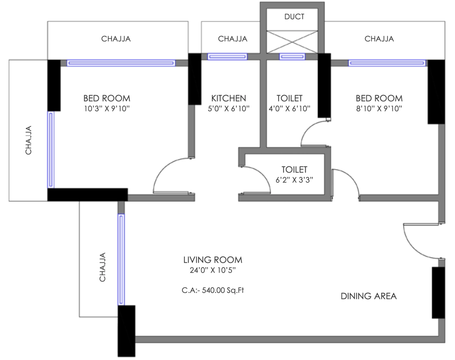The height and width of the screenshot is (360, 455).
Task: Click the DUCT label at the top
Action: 294,17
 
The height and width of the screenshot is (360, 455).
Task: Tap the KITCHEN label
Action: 229,98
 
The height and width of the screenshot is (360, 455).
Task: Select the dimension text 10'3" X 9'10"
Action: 107,109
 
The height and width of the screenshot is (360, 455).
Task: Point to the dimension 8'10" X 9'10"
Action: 379,109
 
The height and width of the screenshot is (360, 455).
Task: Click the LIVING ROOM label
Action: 213,260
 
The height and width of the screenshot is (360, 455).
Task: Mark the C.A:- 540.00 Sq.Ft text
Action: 213,290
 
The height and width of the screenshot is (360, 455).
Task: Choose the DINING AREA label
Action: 368,296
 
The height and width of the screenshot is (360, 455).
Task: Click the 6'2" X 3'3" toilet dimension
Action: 294,180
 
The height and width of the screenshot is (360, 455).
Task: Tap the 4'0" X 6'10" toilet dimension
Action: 289,109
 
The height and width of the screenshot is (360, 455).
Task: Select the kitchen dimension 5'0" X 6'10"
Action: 229,109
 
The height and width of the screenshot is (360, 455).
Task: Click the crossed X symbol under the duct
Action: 292,42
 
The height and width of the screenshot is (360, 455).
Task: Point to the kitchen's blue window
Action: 227,56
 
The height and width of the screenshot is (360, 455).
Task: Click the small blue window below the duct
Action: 292,56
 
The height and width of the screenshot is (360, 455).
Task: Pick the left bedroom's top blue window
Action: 121,63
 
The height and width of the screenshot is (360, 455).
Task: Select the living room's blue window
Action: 121,259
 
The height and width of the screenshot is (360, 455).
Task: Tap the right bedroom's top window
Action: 387,63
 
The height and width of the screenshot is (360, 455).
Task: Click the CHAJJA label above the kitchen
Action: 233,39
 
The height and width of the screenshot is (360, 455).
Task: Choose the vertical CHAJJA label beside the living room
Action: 103,267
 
